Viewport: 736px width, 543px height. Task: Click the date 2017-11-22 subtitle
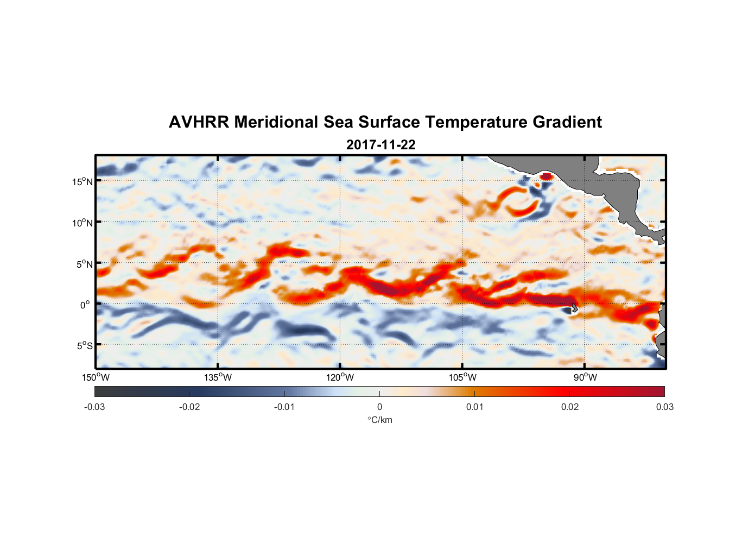click(x=380, y=145)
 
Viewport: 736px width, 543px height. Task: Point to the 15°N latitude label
click(x=83, y=181)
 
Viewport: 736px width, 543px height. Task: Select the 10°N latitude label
click(x=83, y=223)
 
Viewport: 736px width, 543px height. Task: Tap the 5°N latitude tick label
click(x=84, y=264)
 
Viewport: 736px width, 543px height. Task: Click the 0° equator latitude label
click(x=85, y=305)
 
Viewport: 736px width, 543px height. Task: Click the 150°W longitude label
click(x=96, y=377)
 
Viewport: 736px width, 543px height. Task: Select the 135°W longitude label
click(x=218, y=377)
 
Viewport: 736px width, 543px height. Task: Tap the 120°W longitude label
click(x=340, y=377)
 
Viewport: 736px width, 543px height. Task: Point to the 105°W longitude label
click(x=462, y=377)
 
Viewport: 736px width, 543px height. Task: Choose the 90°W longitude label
click(x=585, y=377)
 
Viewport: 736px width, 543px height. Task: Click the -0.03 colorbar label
click(x=94, y=407)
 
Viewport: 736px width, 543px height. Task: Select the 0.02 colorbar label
click(x=570, y=407)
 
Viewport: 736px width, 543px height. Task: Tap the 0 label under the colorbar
click(x=379, y=407)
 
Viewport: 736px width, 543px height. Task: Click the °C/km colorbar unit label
click(x=380, y=420)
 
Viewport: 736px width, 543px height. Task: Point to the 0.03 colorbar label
click(x=664, y=407)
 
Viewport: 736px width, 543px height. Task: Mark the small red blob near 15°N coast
click(x=545, y=176)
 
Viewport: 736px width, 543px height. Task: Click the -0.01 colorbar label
click(x=284, y=407)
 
